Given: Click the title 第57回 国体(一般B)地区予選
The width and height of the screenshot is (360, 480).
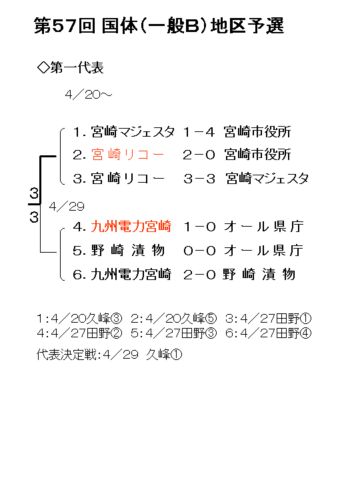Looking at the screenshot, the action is click(159, 25).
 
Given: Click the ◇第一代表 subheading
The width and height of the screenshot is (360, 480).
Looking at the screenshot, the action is click(71, 67).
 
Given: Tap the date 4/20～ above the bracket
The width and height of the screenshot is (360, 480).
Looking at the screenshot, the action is click(89, 95).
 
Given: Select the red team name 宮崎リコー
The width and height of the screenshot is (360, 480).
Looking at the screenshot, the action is click(128, 155).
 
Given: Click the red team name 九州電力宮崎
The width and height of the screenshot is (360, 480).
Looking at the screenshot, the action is click(131, 227).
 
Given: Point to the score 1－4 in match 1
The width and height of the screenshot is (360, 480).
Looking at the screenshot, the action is click(199, 132).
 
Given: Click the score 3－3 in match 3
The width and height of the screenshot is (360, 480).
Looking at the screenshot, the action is click(199, 179).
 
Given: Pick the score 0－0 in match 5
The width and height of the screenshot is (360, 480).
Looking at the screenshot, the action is click(199, 251).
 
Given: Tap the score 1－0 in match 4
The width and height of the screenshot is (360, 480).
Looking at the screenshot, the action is click(199, 227).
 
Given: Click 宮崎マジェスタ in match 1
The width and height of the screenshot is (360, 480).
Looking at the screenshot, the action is click(133, 131).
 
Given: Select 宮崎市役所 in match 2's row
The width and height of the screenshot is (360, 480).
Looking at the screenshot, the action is click(257, 155).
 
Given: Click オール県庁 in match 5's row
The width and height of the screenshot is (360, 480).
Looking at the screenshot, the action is click(263, 251).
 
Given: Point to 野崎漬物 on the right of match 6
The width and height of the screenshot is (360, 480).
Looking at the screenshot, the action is click(259, 274).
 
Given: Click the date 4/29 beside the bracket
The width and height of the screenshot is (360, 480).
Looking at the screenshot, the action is click(67, 207).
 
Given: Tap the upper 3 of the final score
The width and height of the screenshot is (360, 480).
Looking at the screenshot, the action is click(34, 193).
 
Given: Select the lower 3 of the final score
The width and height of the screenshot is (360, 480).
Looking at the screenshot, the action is click(34, 217).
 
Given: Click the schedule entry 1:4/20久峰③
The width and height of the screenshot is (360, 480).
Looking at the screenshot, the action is click(79, 319).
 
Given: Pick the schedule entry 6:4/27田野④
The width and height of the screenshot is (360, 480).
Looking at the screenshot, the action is click(268, 333).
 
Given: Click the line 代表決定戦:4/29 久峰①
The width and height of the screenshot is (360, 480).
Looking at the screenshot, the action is click(109, 355).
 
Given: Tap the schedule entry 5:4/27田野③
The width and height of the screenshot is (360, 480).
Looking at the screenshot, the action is click(173, 333).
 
